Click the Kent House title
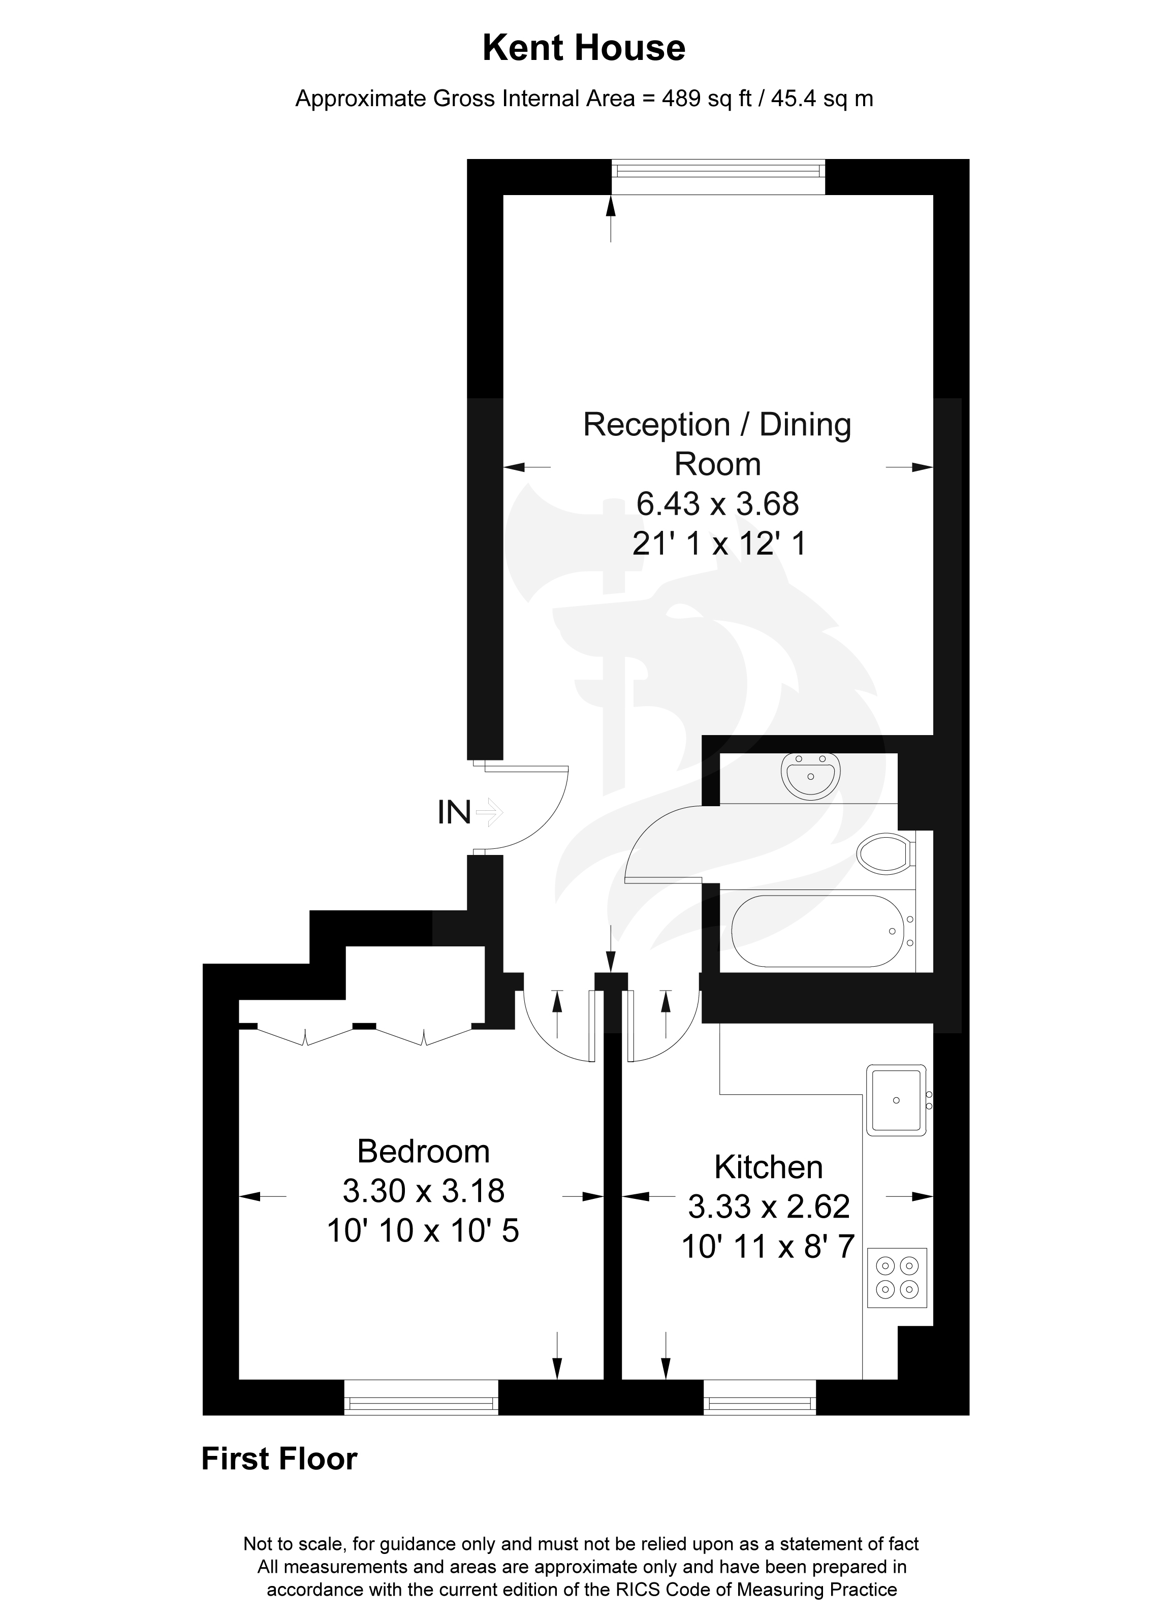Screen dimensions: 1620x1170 click(584, 49)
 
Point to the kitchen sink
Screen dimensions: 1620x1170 click(896, 1101)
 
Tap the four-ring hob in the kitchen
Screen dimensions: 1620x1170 click(897, 1277)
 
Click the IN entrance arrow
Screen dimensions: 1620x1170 click(490, 812)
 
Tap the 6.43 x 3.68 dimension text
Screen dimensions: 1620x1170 click(717, 504)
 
